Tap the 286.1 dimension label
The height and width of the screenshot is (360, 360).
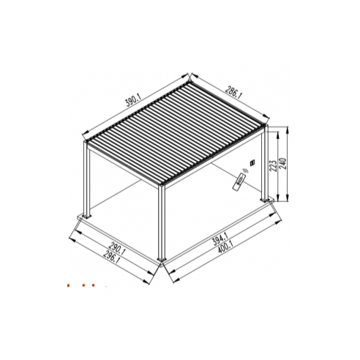click(x=233, y=93)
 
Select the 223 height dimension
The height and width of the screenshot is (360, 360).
click(x=274, y=166)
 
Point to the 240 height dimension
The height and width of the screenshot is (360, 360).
click(x=282, y=164)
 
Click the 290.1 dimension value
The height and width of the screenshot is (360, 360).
click(x=117, y=249)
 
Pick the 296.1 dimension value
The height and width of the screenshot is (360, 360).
click(x=111, y=258)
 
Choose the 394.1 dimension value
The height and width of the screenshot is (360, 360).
click(x=220, y=239)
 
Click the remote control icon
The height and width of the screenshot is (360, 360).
click(x=239, y=181)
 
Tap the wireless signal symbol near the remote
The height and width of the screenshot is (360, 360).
click(x=245, y=170)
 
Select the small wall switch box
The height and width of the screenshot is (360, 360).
click(x=252, y=162)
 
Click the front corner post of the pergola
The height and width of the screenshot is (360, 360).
click(x=162, y=222)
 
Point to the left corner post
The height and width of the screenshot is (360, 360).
click(x=87, y=179)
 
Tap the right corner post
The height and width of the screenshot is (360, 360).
click(x=265, y=162)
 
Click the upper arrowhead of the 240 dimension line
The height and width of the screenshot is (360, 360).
click(x=288, y=130)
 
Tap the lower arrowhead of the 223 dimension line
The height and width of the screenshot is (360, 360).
click(x=277, y=198)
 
